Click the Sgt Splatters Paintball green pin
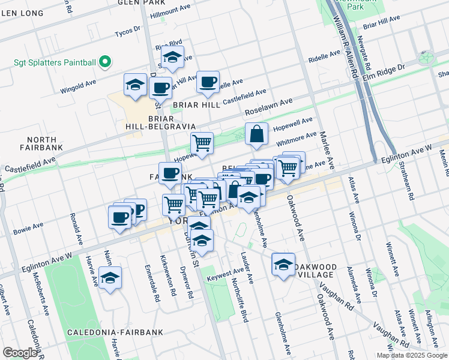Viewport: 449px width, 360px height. [x=104, y=62]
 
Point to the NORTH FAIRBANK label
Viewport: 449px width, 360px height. [x=41, y=143]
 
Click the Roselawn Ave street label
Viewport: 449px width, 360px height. [x=268, y=109]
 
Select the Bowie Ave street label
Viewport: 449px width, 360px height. [x=29, y=228]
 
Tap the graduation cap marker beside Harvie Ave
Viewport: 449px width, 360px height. [x=110, y=278]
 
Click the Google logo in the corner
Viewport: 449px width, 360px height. [x=20, y=353]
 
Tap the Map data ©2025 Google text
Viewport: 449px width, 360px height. [x=411, y=355]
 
